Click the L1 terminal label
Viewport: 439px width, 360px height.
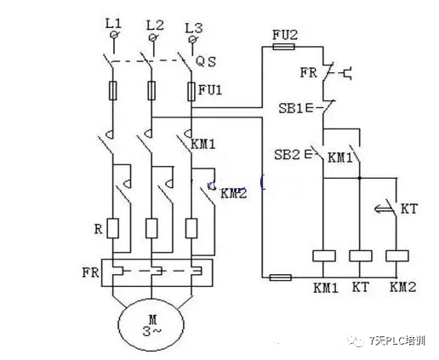pos(113,23)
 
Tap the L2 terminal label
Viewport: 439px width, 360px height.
pos(155,26)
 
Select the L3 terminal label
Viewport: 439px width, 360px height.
pos(194,28)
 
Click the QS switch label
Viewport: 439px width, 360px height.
pos(206,61)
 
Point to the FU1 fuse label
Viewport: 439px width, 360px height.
pos(210,90)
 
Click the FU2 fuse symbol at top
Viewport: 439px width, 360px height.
pos(283,47)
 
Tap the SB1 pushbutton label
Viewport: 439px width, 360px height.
pos(291,108)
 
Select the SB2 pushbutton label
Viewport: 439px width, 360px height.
pos(287,155)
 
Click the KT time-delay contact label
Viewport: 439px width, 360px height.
pos(409,209)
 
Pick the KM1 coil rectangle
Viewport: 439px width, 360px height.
pos(324,255)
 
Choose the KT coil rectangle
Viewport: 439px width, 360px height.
pos(361,255)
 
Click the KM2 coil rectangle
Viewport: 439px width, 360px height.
pos(397,255)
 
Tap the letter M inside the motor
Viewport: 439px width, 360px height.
pos(152,320)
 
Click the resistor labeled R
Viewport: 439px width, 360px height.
pos(113,228)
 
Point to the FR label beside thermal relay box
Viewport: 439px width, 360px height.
pos(91,272)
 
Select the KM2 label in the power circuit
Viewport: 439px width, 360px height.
pos(234,193)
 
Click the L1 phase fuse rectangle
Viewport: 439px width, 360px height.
pos(113,90)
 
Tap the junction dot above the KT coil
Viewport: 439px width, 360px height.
pos(360,178)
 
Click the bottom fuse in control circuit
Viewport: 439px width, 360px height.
pos(280,277)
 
